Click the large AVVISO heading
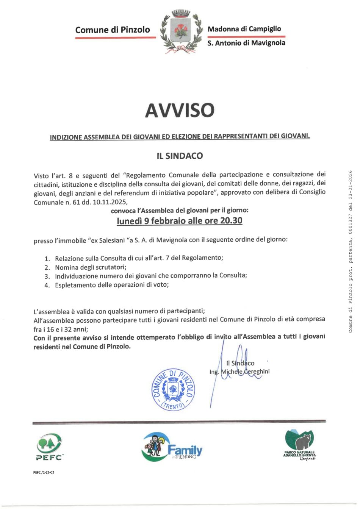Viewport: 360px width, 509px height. coord(180,110)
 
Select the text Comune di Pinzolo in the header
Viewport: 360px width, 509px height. coord(113,30)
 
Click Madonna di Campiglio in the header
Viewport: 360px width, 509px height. coord(244,29)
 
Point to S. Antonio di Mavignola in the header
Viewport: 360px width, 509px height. coord(246,43)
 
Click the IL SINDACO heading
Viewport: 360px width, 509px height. coord(180,156)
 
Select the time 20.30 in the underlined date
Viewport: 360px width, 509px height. coord(231,220)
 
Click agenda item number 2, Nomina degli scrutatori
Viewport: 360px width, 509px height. coord(91,267)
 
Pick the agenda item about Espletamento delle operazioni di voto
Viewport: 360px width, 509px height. coord(112,284)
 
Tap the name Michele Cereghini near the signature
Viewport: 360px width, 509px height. coord(245,372)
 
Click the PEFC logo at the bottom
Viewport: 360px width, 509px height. coord(49,447)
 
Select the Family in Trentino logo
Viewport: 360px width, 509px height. coord(172,448)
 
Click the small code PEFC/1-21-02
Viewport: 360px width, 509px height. coord(44,472)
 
